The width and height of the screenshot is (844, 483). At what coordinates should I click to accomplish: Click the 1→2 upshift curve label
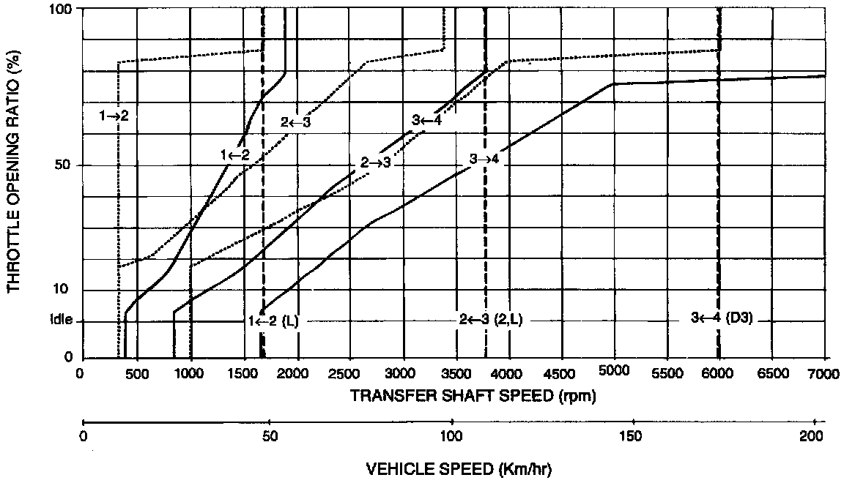pyautogui.click(x=114, y=115)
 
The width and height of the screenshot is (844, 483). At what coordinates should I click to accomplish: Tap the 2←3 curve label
pyautogui.click(x=296, y=122)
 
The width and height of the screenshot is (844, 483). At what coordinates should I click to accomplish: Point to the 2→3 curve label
pyautogui.click(x=377, y=162)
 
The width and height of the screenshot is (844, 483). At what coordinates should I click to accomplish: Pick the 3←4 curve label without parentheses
pyautogui.click(x=426, y=121)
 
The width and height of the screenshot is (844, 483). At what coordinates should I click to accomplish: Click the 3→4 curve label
pyautogui.click(x=485, y=158)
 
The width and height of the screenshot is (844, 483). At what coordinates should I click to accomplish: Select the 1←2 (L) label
pyautogui.click(x=273, y=321)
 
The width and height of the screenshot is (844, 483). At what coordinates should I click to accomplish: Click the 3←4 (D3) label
pyautogui.click(x=722, y=318)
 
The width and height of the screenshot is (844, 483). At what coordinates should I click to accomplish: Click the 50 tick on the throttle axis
pyautogui.click(x=62, y=165)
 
